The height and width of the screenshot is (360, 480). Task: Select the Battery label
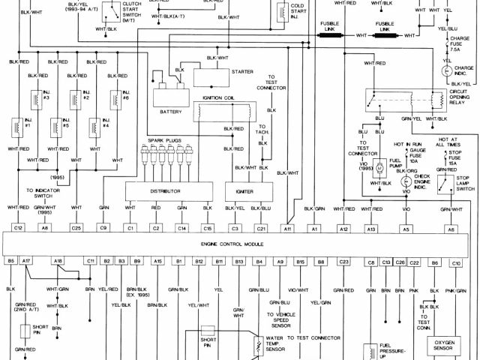pyautogui.click(x=171, y=111)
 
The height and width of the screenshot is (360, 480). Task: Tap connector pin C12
pyautogui.click(x=17, y=226)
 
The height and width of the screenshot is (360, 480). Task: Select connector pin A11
pyautogui.click(x=286, y=226)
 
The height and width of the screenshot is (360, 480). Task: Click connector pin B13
pyautogui.click(x=239, y=261)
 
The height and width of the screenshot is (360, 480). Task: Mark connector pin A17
pyautogui.click(x=27, y=261)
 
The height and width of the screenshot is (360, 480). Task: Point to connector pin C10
pyautogui.click(x=455, y=262)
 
